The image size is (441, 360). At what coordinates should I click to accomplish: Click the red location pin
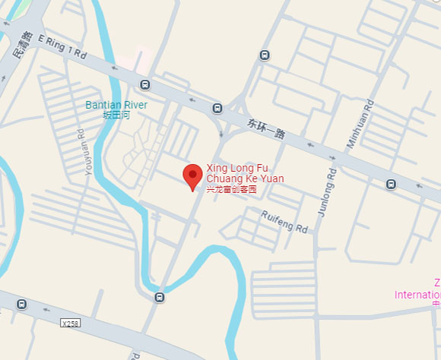click(192, 178)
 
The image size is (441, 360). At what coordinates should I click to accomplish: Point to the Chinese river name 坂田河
click(116, 115)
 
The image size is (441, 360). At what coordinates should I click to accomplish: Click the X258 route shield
click(70, 323)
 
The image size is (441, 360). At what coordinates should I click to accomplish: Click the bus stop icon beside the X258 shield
click(22, 305)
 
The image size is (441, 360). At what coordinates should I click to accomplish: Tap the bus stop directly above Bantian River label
click(144, 84)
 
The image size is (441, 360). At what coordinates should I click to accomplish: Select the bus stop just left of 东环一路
click(217, 108)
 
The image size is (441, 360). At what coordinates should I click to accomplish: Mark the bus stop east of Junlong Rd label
click(391, 184)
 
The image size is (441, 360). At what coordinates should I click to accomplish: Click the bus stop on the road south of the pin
click(159, 297)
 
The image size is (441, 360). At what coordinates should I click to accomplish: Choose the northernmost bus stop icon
click(264, 55)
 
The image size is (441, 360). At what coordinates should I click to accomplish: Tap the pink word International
click(417, 295)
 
